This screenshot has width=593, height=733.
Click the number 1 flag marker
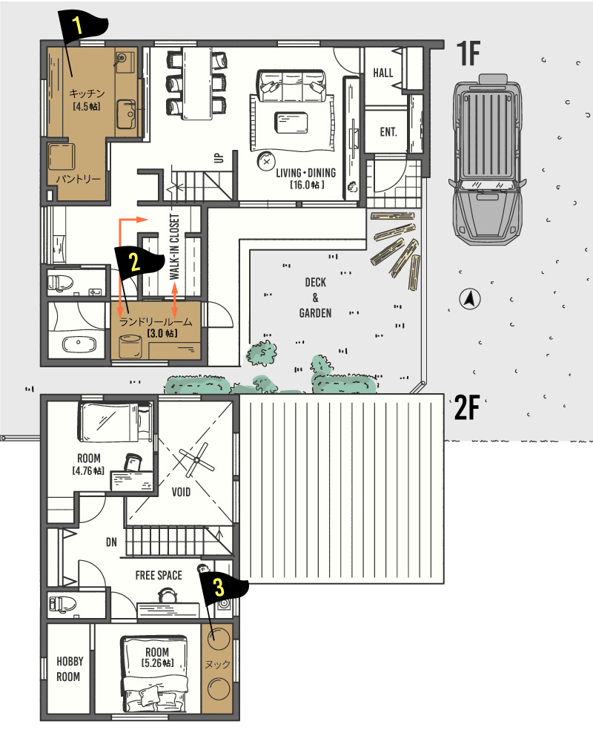[x=82, y=27]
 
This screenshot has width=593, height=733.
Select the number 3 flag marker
[x=223, y=589]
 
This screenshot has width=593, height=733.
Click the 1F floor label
[x=468, y=53]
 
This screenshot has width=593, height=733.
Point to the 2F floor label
[x=468, y=407]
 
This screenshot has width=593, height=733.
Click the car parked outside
[x=487, y=159]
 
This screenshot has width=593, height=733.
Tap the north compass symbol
[x=470, y=299]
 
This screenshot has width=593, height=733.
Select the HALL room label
[x=383, y=73]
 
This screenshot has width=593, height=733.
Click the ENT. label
[x=388, y=132]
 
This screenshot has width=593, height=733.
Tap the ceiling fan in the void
[x=196, y=461]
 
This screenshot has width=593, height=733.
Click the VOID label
[x=181, y=492]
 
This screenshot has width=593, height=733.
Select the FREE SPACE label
[x=159, y=576]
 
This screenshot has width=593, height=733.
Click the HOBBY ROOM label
[x=70, y=669]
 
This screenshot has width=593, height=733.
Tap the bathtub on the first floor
[x=79, y=344]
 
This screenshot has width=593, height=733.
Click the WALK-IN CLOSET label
[x=174, y=247]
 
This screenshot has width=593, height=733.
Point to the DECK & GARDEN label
[x=315, y=298]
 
